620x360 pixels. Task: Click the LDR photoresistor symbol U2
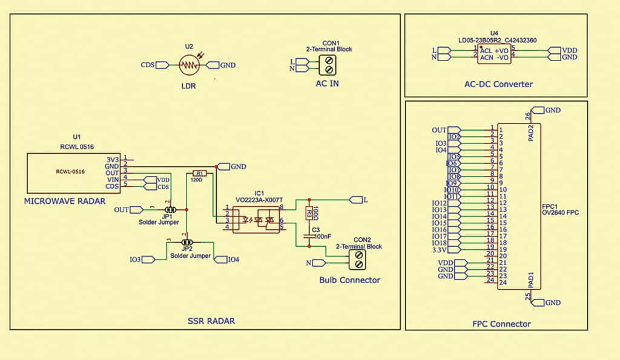pyautogui.click(x=190, y=65)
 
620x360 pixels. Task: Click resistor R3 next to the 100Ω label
pyautogui.click(x=309, y=213)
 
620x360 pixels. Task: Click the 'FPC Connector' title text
pyautogui.click(x=496, y=324)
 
